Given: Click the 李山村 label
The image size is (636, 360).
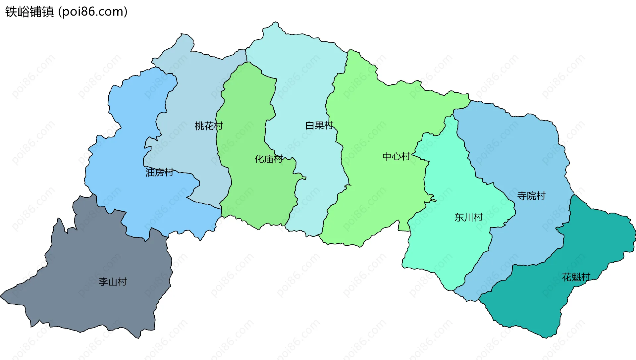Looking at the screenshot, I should pos(113,282).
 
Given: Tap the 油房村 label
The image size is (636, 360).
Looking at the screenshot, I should pos(159,172).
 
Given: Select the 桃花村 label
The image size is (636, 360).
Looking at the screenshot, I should pos(209,126).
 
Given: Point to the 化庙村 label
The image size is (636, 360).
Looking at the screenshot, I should pos(268,159).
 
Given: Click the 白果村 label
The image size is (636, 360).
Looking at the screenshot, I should pos(319,126).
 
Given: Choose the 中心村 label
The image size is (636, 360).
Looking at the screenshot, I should pos(396,156).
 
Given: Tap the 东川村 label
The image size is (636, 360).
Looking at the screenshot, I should pos(468,217).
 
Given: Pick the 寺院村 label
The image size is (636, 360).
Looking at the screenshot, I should pos(531,196).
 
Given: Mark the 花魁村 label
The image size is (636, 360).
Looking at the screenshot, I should pos(576,277).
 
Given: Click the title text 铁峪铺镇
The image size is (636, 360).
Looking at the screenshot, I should pos(29,12).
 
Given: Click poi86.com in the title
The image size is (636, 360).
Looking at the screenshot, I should pos(93,12).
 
